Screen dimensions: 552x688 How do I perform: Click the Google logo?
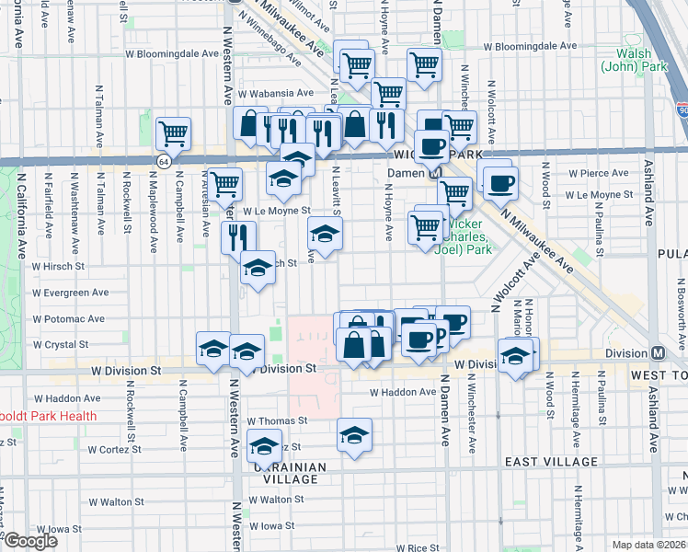(29, 541)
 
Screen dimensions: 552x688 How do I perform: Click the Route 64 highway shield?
(163, 161)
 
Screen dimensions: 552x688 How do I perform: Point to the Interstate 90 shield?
(682, 109)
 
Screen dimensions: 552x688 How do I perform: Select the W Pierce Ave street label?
(599, 173)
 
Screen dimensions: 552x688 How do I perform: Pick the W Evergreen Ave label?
(70, 293)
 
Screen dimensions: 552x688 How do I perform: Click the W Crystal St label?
(60, 344)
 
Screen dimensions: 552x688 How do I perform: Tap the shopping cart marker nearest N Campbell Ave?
(173, 134)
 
